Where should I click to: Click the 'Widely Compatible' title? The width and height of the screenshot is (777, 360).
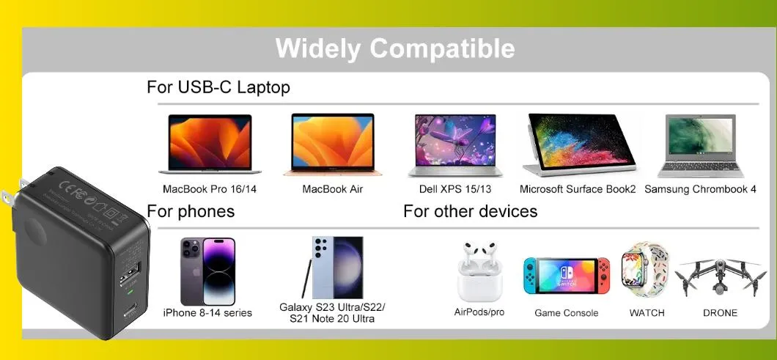pyautogui.click(x=395, y=48)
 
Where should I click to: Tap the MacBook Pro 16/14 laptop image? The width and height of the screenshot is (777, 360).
pyautogui.click(x=210, y=144)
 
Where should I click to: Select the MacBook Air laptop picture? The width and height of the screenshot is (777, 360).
pyautogui.click(x=333, y=144)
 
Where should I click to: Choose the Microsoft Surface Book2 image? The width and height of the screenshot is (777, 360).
pyautogui.click(x=578, y=144)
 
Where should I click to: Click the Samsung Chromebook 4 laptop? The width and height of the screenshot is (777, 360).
pyautogui.click(x=701, y=145)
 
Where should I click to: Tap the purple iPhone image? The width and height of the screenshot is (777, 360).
pyautogui.click(x=207, y=271)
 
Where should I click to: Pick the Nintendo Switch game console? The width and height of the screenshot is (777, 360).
pyautogui.click(x=566, y=276)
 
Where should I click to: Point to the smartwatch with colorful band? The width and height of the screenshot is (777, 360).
pyautogui.click(x=646, y=271)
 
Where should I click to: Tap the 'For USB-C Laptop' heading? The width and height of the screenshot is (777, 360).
pyautogui.click(x=218, y=87)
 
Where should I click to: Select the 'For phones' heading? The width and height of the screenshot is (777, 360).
pyautogui.click(x=191, y=211)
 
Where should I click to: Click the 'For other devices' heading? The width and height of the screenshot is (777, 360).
pyautogui.click(x=470, y=211)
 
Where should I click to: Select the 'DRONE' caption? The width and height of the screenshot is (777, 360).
pyautogui.click(x=720, y=313)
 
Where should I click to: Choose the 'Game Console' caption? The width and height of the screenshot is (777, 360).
pyautogui.click(x=566, y=313)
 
